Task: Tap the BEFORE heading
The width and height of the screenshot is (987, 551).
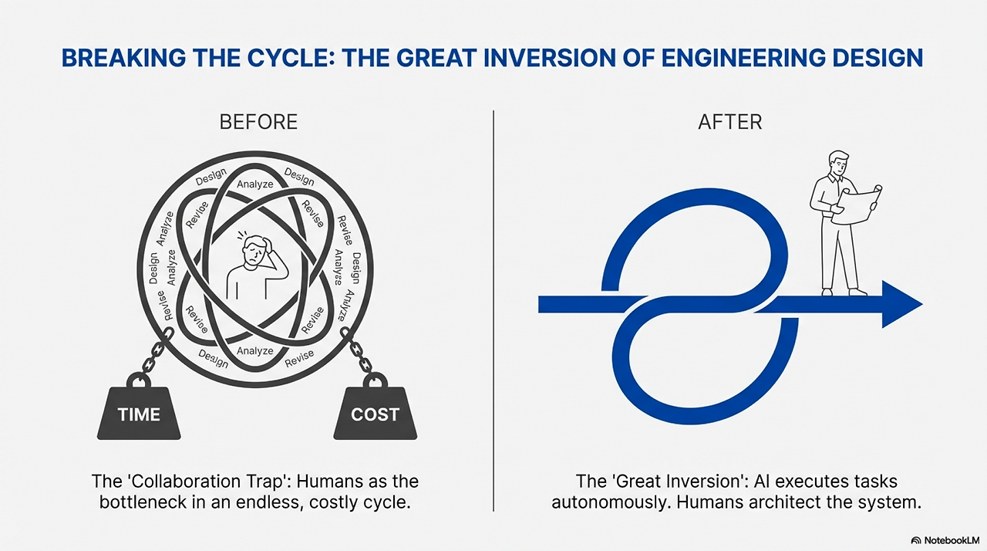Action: tap(258, 122)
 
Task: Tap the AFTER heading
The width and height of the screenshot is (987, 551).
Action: tap(729, 122)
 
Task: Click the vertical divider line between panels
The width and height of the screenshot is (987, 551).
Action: tap(493, 309)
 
